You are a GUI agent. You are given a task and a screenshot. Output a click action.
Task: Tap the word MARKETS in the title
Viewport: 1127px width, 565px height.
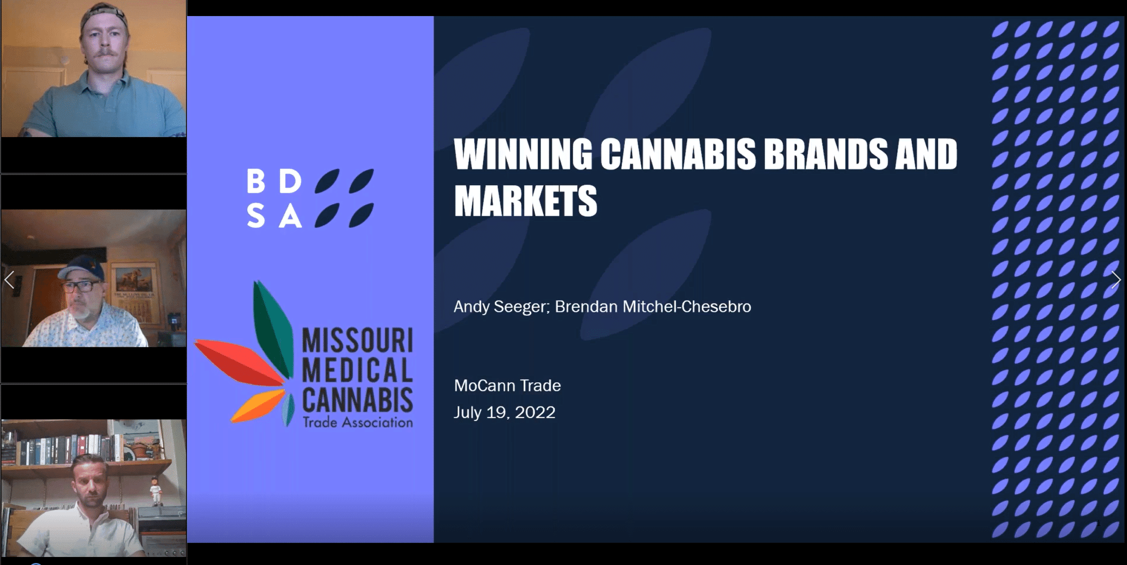coord(525,201)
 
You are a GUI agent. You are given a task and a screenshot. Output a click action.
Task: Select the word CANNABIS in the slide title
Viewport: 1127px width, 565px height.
coord(678,154)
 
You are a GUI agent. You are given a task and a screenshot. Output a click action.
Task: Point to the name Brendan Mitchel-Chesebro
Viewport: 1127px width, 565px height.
coord(653,306)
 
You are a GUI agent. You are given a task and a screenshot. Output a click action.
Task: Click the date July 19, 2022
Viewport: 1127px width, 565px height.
coord(504,412)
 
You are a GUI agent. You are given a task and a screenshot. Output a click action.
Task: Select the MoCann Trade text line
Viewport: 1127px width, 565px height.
coord(507,385)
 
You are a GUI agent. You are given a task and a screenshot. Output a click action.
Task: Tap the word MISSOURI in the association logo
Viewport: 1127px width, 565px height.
coord(358,340)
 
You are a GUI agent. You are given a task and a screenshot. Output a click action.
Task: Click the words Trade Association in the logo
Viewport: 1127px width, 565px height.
coord(358,422)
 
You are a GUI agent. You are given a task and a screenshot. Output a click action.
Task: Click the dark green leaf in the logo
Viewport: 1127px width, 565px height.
coord(273,328)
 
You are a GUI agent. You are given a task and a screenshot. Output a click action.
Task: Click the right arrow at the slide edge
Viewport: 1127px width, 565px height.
coord(1115,280)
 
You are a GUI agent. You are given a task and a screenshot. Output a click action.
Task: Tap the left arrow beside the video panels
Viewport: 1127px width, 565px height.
coord(9,280)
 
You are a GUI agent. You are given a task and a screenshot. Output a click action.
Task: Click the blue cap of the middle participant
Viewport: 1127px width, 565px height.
coord(82,269)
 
